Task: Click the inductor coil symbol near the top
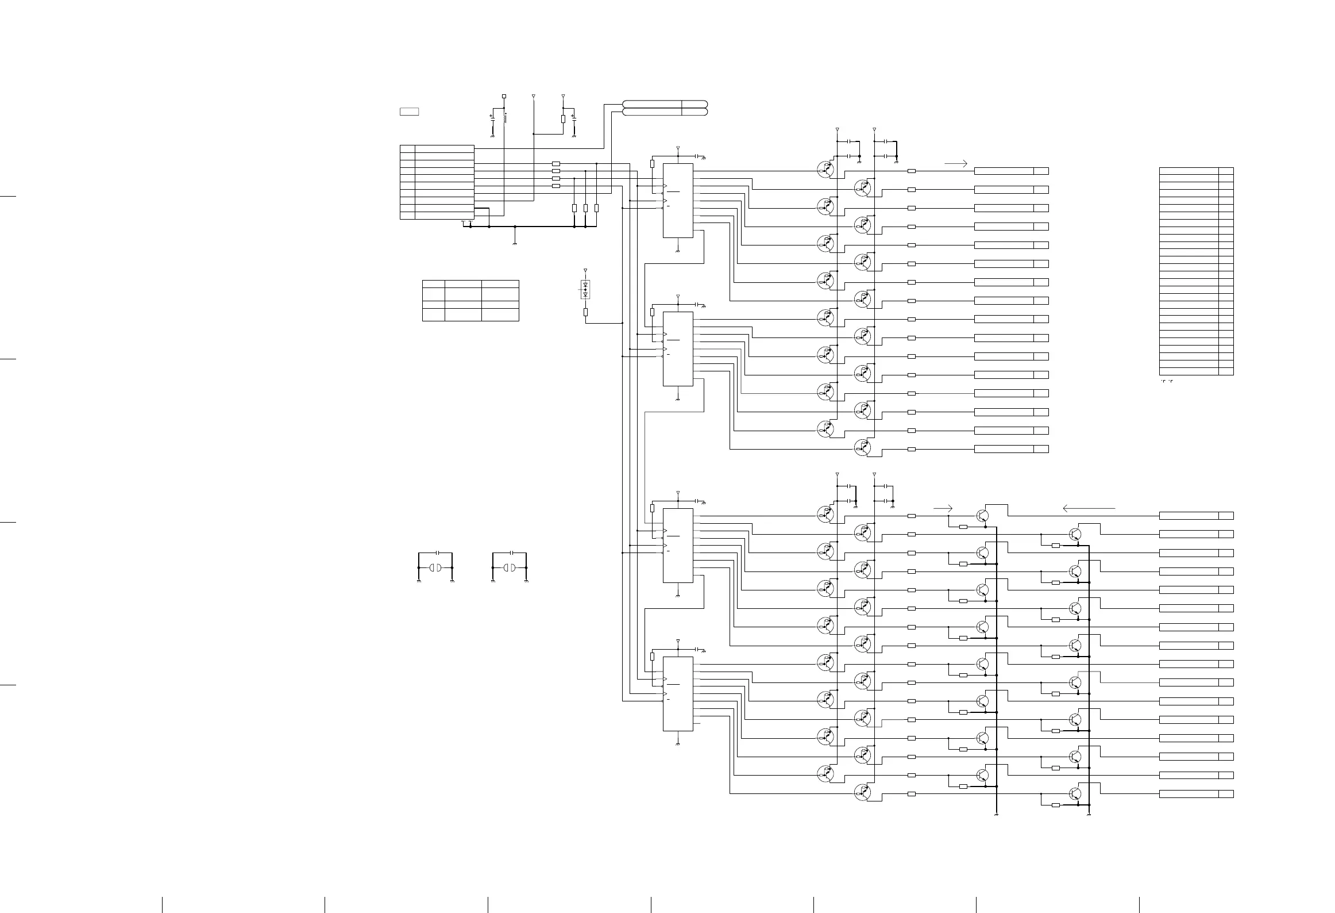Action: [x=505, y=118]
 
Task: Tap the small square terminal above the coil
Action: [x=504, y=96]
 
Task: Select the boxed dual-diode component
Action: [x=585, y=289]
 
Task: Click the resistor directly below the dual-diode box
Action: [x=585, y=312]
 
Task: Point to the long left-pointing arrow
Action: [x=1089, y=508]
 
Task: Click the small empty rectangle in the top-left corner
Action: [x=409, y=112]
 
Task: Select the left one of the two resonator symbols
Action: [x=435, y=568]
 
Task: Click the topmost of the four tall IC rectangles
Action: [x=678, y=200]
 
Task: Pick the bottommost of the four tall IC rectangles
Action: [x=678, y=693]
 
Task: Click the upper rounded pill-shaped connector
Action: [x=665, y=103]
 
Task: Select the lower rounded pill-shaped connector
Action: [x=665, y=112]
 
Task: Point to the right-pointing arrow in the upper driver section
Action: [x=956, y=163]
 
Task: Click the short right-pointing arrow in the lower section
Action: [x=943, y=508]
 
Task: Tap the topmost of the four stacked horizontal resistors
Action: [x=555, y=164]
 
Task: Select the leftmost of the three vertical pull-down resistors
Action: [x=574, y=208]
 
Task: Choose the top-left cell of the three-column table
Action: [x=434, y=284]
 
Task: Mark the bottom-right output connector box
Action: [x=1226, y=794]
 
